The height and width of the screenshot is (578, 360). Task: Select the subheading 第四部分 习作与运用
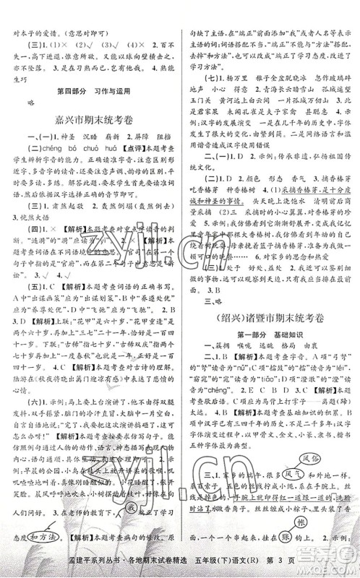(89, 88)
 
